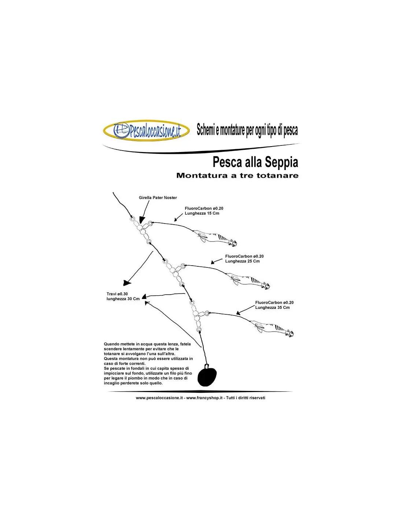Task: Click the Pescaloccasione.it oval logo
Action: (x=146, y=130)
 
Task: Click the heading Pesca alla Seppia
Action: (x=255, y=162)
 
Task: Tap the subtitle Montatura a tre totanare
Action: (x=237, y=175)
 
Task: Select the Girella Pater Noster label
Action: (x=158, y=197)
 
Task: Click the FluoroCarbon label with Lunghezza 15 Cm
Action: (x=204, y=211)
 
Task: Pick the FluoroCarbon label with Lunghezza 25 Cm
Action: (x=244, y=259)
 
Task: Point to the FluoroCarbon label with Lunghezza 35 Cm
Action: (x=274, y=305)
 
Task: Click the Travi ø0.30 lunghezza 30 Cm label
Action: (x=123, y=296)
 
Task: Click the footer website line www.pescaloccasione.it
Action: (x=200, y=398)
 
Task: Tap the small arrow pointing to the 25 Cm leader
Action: (x=217, y=261)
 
